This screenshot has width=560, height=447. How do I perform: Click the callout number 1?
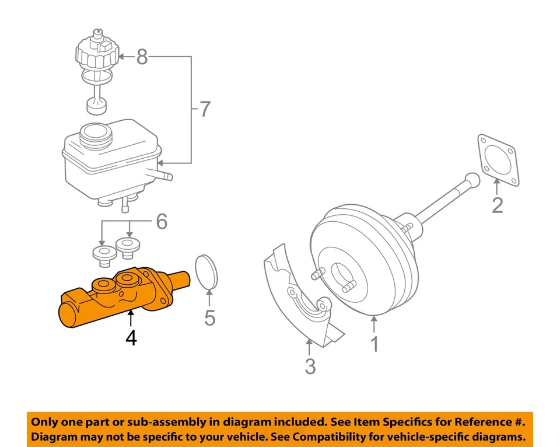click(x=374, y=344)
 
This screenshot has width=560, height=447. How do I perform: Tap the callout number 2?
click(x=497, y=205)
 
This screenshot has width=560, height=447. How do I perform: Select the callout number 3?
click(x=310, y=366)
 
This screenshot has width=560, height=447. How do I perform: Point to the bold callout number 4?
click(x=131, y=337)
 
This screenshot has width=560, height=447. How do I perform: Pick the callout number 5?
click(x=209, y=317)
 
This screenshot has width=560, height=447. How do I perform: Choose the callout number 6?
click(x=162, y=222)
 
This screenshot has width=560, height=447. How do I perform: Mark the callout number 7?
click(x=204, y=109)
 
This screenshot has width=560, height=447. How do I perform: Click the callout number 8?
click(x=143, y=57)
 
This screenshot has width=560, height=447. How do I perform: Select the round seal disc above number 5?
click(x=206, y=272)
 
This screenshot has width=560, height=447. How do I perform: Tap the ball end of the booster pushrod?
click(x=471, y=180)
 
